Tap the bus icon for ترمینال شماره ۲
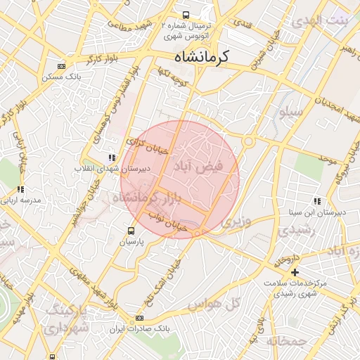186,14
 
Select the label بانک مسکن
62,77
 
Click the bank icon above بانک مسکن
62,66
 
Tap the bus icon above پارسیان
131,231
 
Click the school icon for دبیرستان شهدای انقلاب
111,158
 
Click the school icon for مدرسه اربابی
21,189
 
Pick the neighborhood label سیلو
290,112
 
